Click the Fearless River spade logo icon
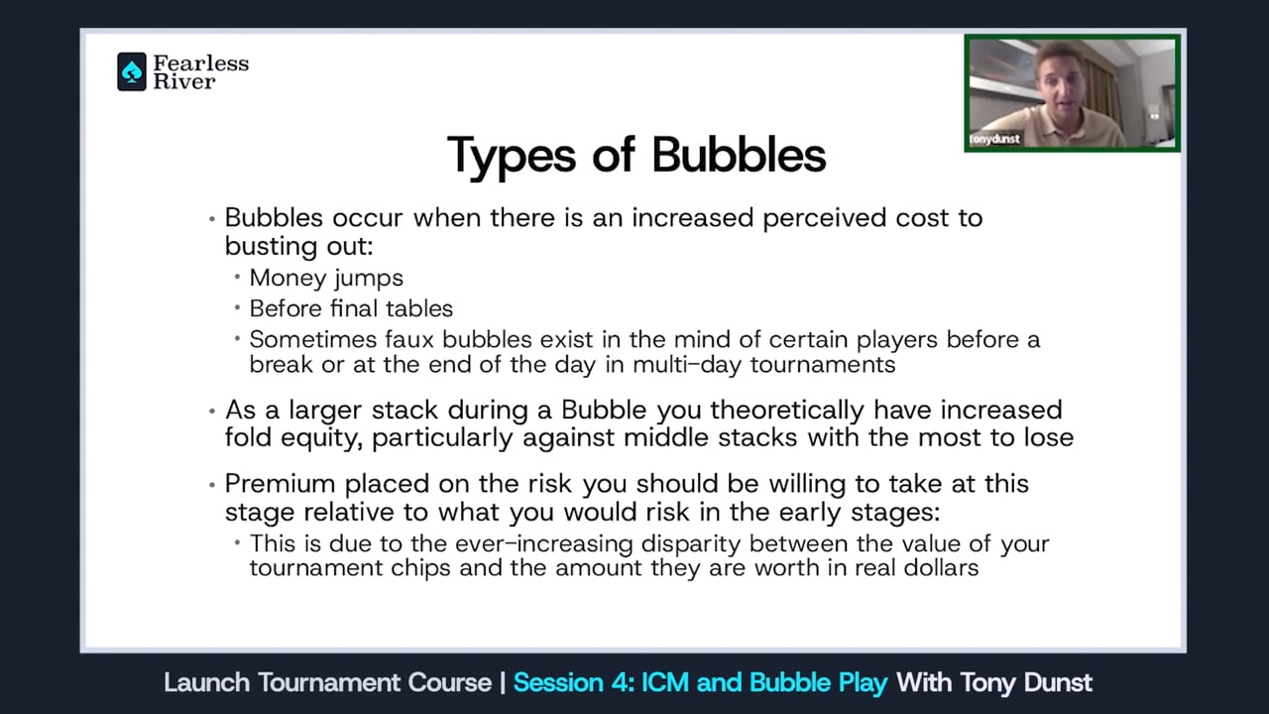pos(132,72)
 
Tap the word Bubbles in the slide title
pos(739,156)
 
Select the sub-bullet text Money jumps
pos(326,278)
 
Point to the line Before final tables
pos(351,308)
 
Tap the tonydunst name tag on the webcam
pos(994,140)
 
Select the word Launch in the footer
pos(207,683)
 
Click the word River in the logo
pos(183,82)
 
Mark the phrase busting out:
pos(298,244)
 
